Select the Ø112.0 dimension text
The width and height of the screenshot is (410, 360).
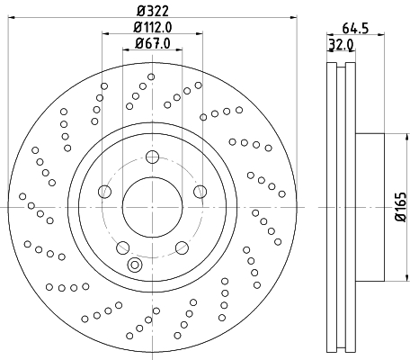tap(152, 28)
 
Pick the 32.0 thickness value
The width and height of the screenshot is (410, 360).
tap(339, 43)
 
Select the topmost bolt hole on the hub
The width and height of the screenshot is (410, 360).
tap(151, 158)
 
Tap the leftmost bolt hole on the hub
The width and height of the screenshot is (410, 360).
tap(105, 193)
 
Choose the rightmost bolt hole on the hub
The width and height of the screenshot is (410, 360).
tap(198, 193)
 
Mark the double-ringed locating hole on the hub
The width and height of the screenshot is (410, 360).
tap(136, 265)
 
